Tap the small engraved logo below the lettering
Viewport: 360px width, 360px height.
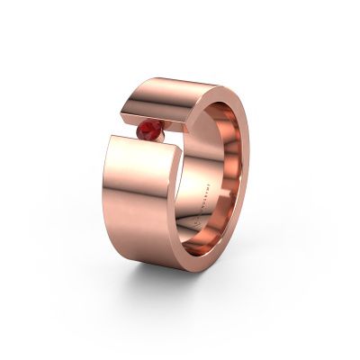click(202, 222)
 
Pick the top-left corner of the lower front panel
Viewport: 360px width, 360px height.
click(111, 137)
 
